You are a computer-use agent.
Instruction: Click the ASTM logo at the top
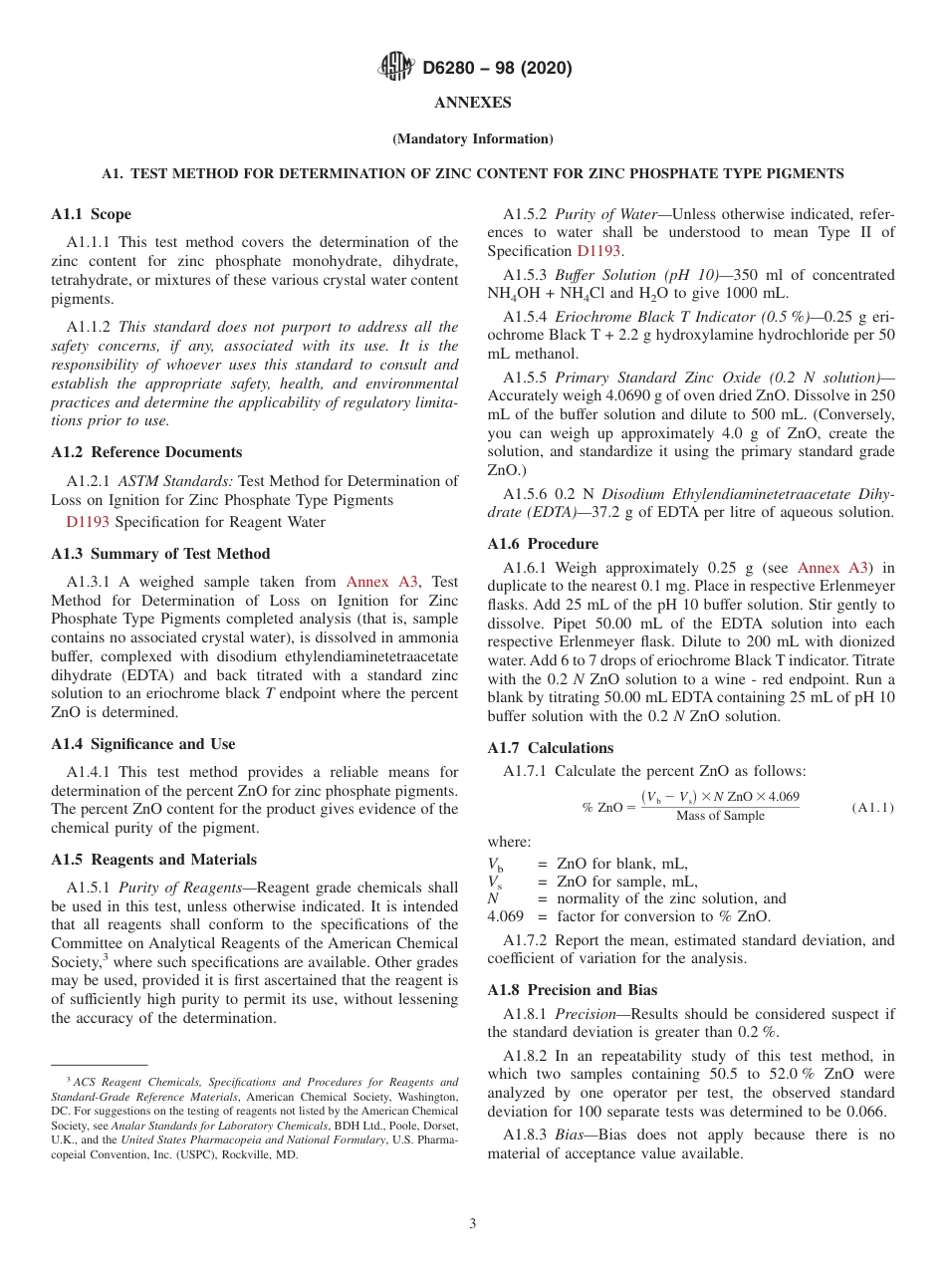click(x=397, y=68)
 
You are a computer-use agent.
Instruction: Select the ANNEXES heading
click(x=473, y=103)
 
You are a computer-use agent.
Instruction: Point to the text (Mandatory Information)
click(x=473, y=139)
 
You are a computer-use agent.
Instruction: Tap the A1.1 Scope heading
click(x=91, y=214)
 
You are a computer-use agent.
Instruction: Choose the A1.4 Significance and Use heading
click(x=142, y=744)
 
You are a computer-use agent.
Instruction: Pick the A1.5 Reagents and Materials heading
click(x=153, y=860)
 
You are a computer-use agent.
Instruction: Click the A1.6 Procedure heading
click(x=543, y=544)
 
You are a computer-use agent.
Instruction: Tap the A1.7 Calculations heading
click(x=550, y=748)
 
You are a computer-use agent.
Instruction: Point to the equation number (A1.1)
click(x=872, y=807)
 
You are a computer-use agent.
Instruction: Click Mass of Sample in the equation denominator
click(x=720, y=816)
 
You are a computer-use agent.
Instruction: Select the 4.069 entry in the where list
click(x=505, y=916)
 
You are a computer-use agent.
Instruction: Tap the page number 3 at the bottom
click(x=473, y=1223)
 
